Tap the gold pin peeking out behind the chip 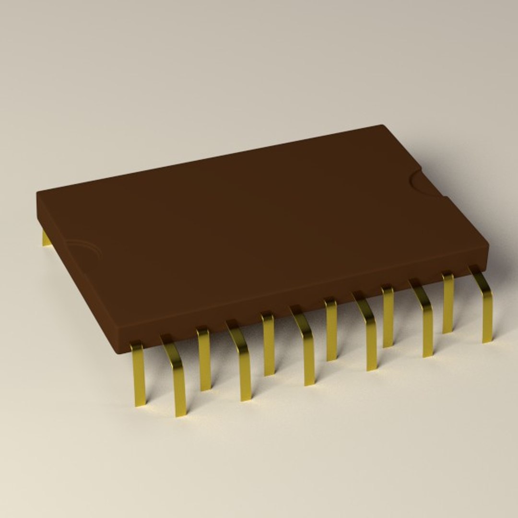point(46,238)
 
